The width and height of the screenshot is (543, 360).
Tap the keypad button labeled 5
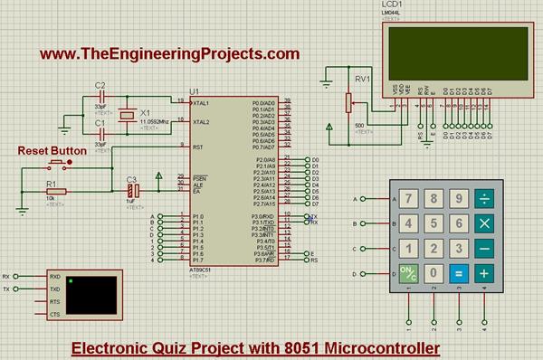[x=434, y=223]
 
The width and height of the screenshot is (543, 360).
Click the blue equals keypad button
[x=459, y=271]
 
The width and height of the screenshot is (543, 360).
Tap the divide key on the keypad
[x=484, y=198]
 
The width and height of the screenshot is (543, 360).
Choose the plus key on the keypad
[x=484, y=271]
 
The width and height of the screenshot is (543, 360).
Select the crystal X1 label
[x=144, y=113]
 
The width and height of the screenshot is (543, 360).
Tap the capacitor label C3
[x=131, y=179]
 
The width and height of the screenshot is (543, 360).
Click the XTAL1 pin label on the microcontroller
[x=201, y=102]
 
